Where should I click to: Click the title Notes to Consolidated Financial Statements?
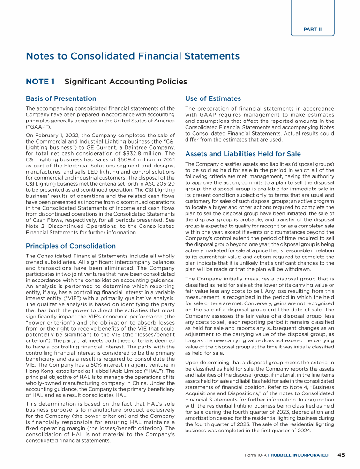pyautogui.click(x=133, y=56)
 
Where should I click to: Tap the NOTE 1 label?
pyautogui.click(x=40, y=82)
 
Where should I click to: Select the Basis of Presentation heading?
pyautogui.click(x=61, y=98)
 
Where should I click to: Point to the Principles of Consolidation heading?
pyautogui.click(x=71, y=246)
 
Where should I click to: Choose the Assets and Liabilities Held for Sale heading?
pyautogui.click(x=243, y=154)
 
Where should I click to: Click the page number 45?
pyautogui.click(x=341, y=455)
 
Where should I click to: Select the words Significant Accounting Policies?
pyautogui.click(x=126, y=82)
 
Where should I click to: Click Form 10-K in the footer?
pyautogui.click(x=255, y=455)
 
